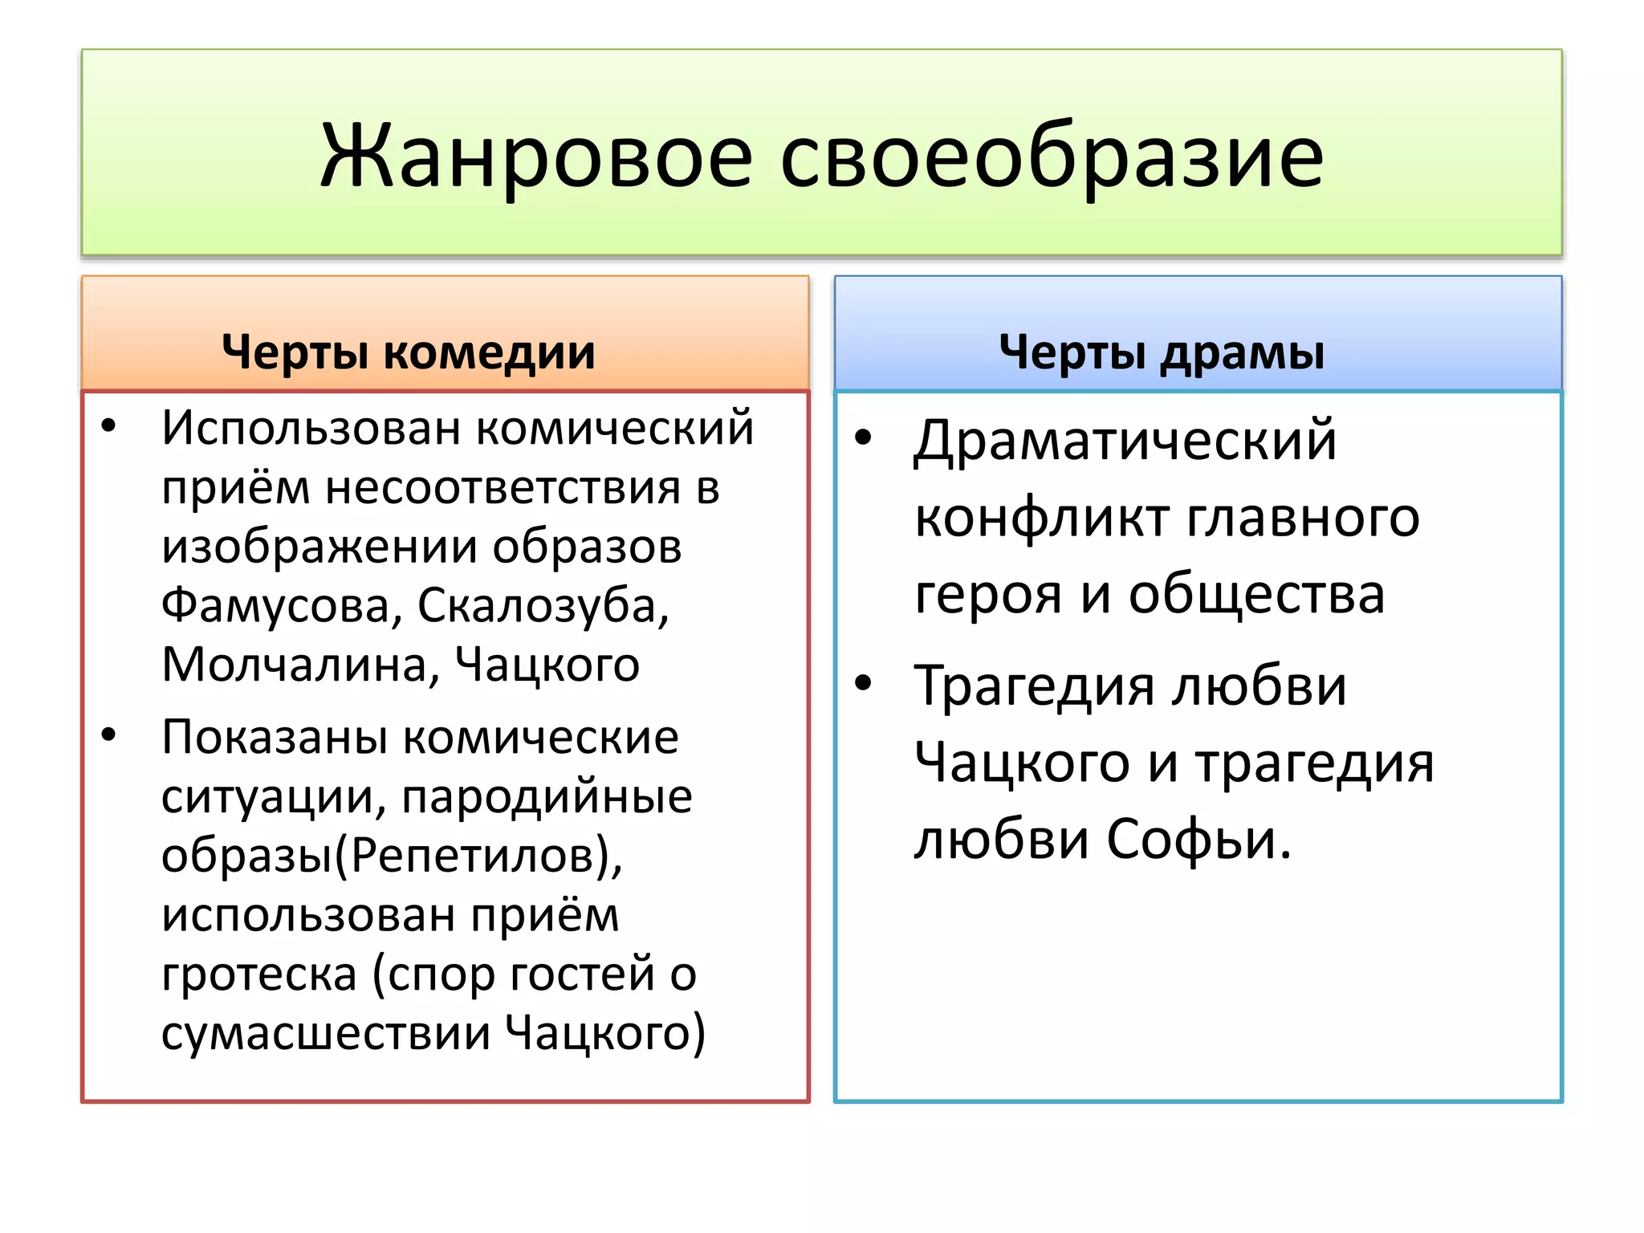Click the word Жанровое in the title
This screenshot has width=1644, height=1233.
coord(535,157)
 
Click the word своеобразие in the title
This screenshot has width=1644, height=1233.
coord(1051,157)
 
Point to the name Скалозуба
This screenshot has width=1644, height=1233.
coord(543,606)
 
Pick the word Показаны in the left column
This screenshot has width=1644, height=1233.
coord(275,738)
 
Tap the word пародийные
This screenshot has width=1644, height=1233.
coord(547,797)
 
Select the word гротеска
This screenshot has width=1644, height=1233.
coord(258,975)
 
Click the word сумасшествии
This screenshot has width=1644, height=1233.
coord(325,1033)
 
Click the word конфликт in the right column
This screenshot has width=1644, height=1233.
coord(1040,518)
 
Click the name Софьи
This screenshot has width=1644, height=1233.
coord(1199,840)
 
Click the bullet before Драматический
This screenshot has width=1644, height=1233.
coord(863,437)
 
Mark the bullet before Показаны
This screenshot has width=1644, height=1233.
coord(109,735)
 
